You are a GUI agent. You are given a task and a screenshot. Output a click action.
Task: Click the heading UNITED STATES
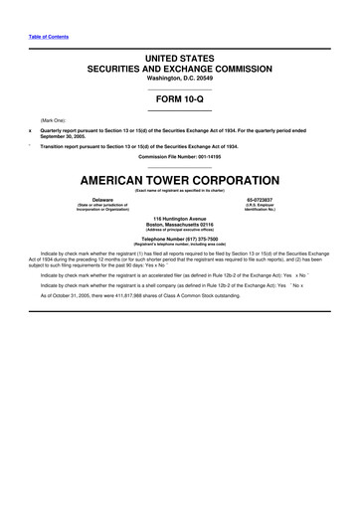pyautogui.click(x=180, y=60)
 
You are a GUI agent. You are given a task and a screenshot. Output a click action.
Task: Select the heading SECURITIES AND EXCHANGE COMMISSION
pyautogui.click(x=180, y=71)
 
